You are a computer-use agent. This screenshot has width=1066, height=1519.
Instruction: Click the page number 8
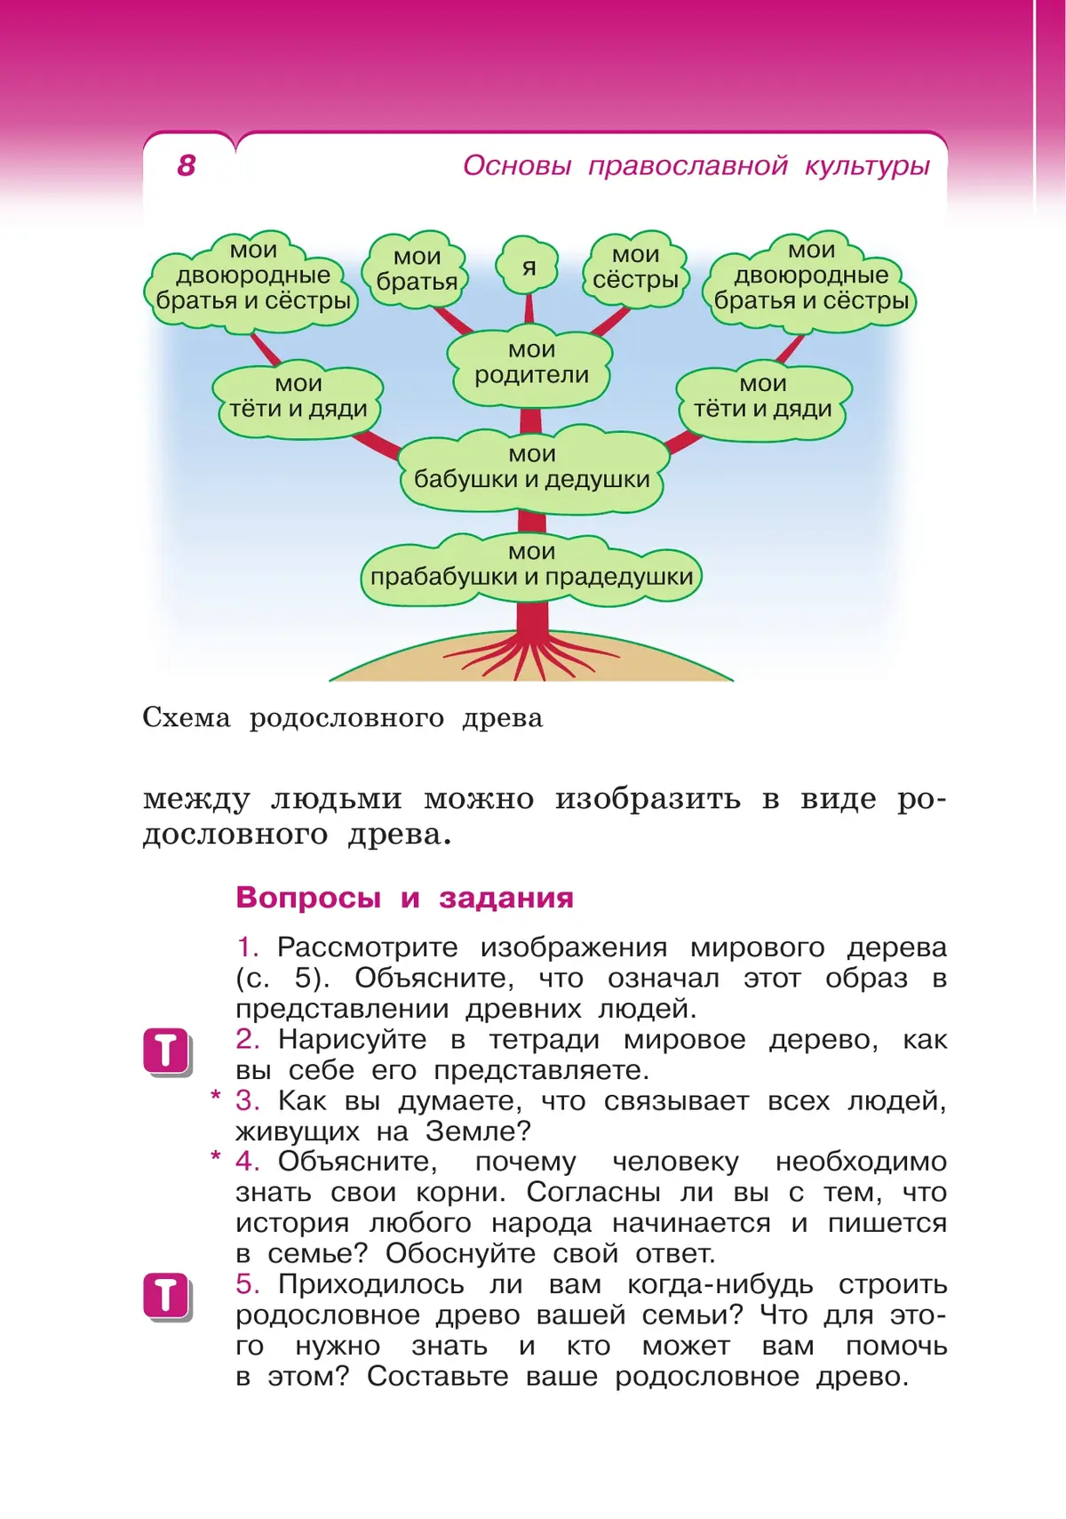pos(187,165)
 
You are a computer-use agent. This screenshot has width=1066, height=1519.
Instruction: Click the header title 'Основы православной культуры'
pos(696,165)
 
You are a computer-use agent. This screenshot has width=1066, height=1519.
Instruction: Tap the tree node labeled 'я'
pos(529,267)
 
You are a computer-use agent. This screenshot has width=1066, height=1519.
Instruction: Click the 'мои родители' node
pos(531,364)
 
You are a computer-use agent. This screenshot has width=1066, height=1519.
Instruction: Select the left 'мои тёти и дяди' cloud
pos(298,397)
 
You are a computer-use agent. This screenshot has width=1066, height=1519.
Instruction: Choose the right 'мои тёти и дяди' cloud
pos(763,397)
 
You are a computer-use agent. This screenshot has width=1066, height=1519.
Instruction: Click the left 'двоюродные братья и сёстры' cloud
pos(253,277)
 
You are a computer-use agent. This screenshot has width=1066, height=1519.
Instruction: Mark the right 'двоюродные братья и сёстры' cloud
pos(811,277)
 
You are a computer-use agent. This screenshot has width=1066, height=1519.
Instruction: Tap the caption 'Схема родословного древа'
pos(343,718)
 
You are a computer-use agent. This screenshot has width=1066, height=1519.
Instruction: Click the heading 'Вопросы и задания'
pos(404,898)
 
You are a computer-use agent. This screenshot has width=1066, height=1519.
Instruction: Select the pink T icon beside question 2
pos(166,1051)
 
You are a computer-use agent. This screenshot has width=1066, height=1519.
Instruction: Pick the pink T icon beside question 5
pos(166,1296)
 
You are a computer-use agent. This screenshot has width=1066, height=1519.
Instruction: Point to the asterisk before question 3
pos(215,1096)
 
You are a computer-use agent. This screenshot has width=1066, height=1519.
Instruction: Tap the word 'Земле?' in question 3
pos(478,1131)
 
